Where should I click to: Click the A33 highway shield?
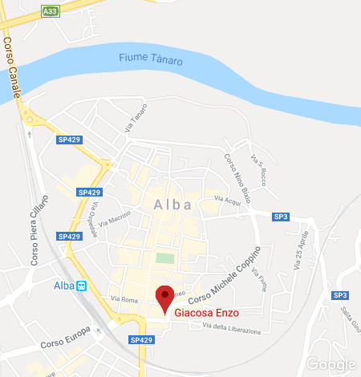point(51,11)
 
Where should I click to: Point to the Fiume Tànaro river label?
point(150,59)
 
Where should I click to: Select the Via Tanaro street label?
point(135,117)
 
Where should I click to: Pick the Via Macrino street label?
point(116,217)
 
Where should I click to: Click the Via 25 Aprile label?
point(302,252)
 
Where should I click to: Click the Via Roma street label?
point(124,300)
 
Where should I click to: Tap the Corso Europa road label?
point(62,336)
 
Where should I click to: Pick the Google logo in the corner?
point(331,365)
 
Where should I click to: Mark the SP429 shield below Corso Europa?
point(140,340)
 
